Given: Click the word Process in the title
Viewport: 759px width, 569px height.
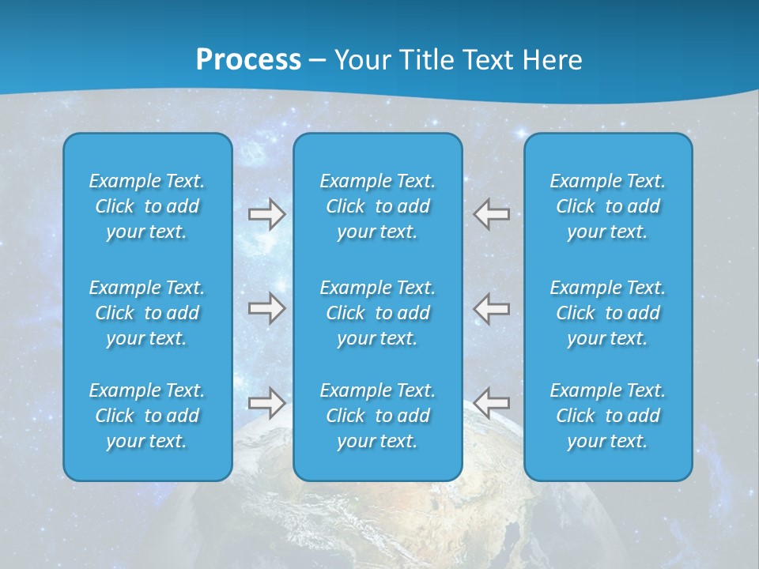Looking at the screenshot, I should point(248,60).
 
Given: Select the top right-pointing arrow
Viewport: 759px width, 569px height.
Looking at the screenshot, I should point(266,214).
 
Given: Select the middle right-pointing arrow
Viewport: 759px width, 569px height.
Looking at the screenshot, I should point(266,308).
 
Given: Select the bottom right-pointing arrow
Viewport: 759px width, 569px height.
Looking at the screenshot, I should point(266,402).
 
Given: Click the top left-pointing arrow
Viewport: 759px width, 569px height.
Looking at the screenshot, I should point(492,214).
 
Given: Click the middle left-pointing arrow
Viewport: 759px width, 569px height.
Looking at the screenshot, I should point(492,308).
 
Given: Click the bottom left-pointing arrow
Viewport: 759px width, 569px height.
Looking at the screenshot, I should point(492,402).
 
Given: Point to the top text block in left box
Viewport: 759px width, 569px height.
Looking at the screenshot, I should point(147,206).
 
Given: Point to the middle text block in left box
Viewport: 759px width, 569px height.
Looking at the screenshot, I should point(147,313).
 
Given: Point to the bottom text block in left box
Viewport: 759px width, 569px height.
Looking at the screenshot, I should point(147,416).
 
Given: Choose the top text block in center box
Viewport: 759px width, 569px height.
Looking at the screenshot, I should point(378,206).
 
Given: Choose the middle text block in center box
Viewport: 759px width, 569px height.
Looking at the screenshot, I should point(378,313).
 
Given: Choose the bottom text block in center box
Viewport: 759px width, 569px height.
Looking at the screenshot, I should point(378,416).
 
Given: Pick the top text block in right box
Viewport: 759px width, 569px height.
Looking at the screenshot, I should point(608,206).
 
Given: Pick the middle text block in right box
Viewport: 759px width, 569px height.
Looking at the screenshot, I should point(608,313).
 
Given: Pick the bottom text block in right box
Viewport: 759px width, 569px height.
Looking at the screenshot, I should point(608,416).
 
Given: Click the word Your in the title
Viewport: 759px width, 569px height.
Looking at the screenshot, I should point(361,60).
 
